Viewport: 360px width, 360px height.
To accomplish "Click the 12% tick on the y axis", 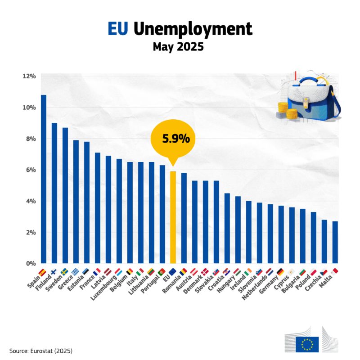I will [29, 76].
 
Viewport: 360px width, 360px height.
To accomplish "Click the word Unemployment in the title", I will [193, 29].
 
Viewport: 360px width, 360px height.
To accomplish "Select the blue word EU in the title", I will [118, 29].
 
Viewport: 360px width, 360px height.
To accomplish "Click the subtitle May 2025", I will [180, 47].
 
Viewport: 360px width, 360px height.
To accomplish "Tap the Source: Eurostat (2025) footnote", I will [41, 350].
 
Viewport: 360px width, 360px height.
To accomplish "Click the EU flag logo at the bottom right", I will [307, 344].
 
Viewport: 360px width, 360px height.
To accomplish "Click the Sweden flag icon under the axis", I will [65, 272].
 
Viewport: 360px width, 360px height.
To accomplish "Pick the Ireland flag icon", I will [248, 272].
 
